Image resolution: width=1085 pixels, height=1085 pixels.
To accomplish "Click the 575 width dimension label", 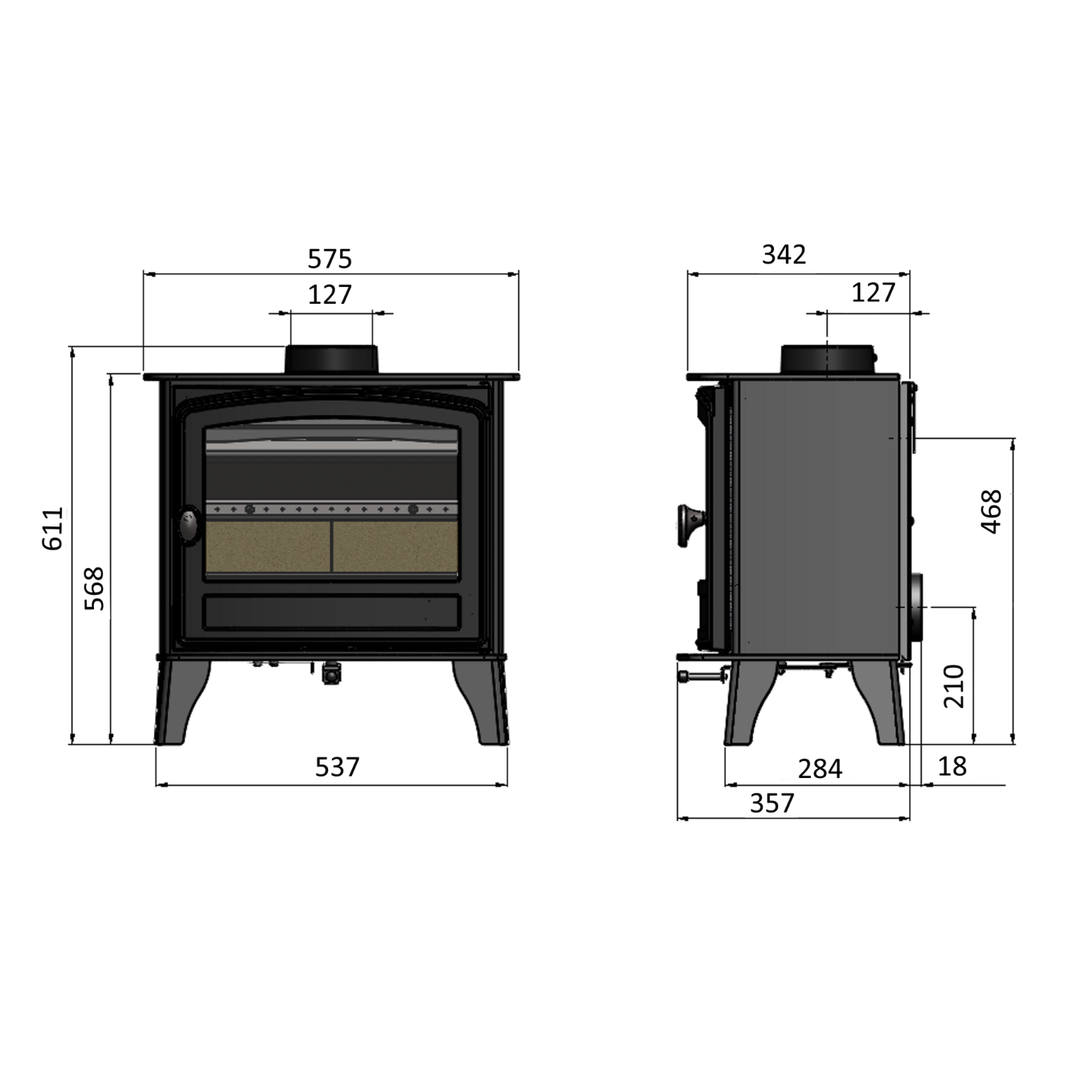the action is [330, 259].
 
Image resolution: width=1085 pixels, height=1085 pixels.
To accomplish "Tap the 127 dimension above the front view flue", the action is [330, 294].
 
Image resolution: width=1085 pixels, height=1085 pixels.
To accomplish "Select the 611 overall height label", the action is [53, 528].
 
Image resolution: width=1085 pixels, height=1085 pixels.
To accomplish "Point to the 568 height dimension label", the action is [94, 588].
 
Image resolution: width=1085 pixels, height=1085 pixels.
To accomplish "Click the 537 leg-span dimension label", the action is [337, 767].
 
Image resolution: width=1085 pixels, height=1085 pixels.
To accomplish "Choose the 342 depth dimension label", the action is [784, 255].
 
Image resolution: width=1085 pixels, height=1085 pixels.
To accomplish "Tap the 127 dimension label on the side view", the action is [873, 293].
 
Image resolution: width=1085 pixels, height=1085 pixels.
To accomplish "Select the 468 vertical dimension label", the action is [992, 512].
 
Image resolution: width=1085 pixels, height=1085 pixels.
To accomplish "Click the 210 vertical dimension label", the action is [954, 686].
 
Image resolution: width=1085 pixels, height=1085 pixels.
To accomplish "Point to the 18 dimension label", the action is [952, 766].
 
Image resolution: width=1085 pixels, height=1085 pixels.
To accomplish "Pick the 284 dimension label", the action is [820, 769].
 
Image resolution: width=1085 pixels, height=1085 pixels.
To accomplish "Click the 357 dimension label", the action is [772, 803].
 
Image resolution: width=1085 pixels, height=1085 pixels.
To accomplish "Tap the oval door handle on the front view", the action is [189, 525].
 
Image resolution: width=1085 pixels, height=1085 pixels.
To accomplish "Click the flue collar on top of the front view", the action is [331, 359].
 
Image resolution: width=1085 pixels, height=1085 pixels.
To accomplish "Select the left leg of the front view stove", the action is [181, 702].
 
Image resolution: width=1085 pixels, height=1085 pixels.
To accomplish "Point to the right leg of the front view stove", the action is [481, 702].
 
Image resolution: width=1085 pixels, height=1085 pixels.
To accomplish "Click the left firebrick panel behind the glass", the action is [268, 547].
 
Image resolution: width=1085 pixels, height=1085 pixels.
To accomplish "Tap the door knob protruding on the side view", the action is [690, 526].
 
